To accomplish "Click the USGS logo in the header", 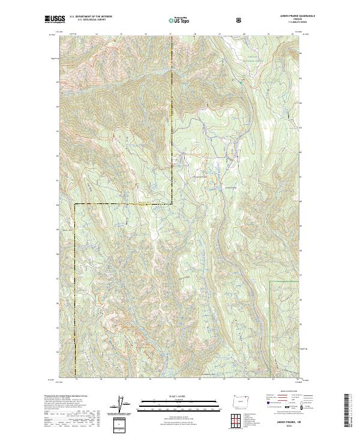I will coord(55,19).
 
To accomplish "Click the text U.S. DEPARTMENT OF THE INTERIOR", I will coord(91,17).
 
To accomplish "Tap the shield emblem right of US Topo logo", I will coord(239,20).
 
